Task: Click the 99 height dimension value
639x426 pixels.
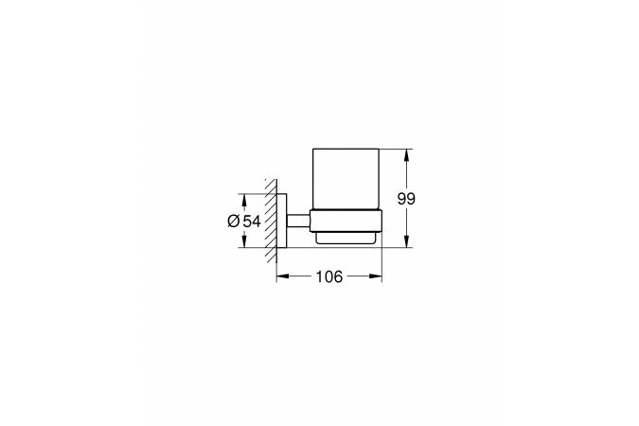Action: pos(406,199)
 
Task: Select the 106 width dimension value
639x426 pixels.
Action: pos(329,276)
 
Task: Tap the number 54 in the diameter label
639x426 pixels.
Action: pos(252,222)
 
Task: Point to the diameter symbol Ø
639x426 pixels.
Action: pos(234,222)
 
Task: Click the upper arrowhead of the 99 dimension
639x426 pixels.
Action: pos(407,155)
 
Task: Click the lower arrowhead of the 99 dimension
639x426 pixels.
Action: pos(407,241)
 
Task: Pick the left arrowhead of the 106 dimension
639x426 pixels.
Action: pos(283,276)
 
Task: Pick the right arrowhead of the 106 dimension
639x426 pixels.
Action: pos(376,276)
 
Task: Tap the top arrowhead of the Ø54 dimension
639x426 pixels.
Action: pos(244,200)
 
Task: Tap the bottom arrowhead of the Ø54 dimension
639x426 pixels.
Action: pos(244,240)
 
